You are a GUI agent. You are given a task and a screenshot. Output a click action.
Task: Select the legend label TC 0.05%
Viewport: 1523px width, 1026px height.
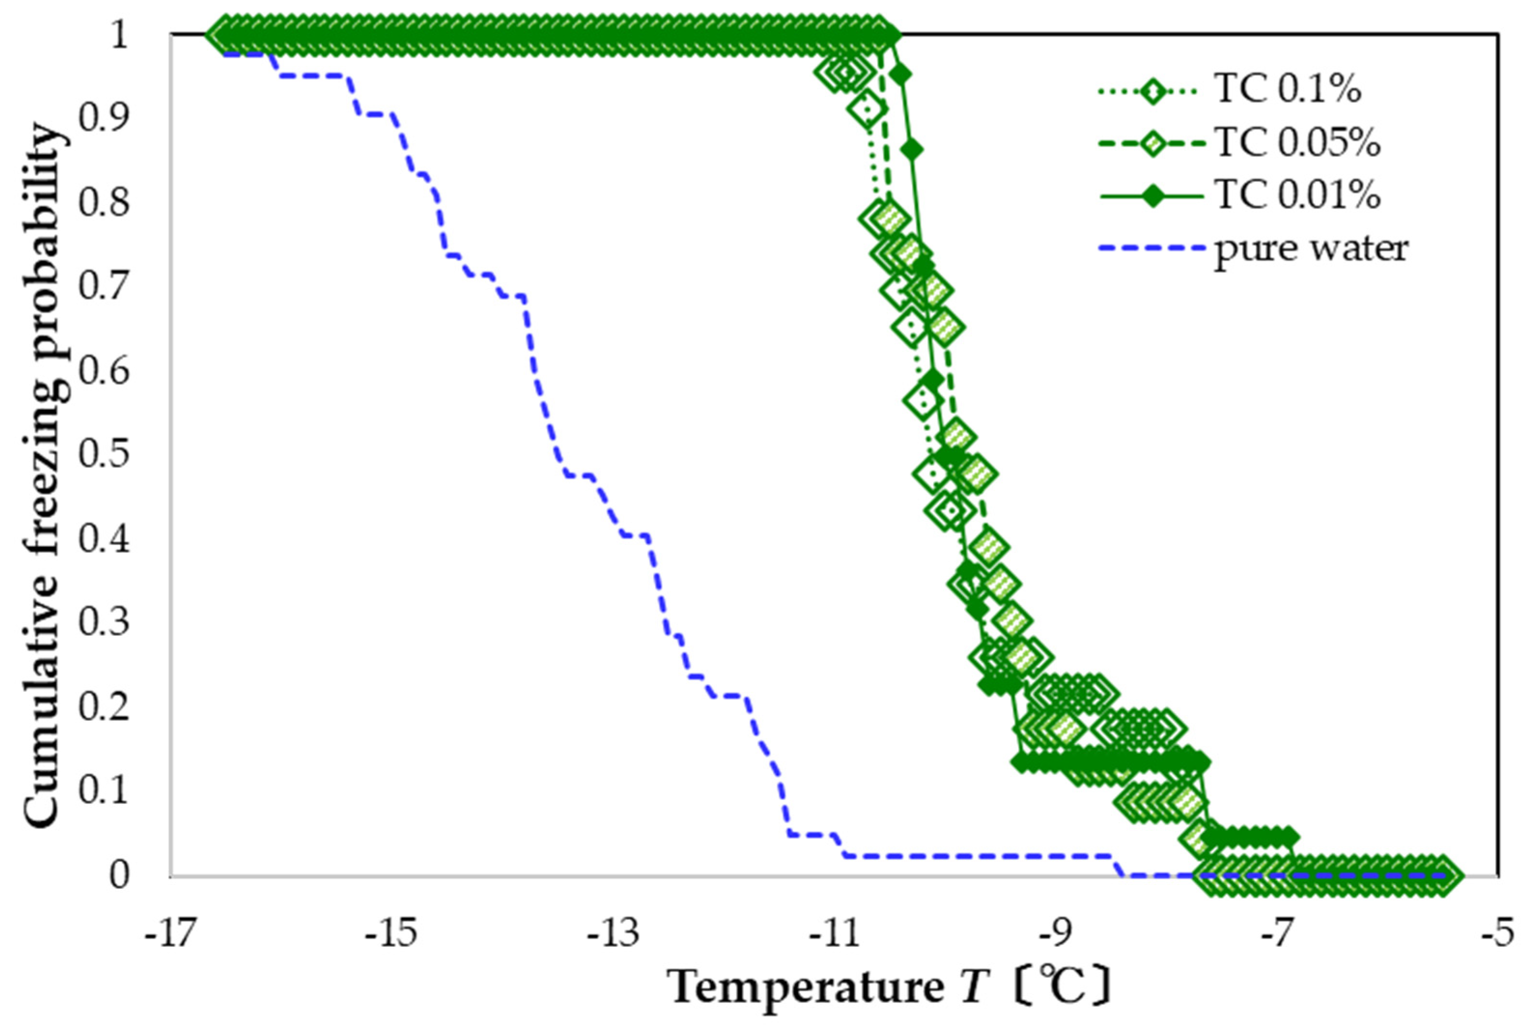(x=1297, y=142)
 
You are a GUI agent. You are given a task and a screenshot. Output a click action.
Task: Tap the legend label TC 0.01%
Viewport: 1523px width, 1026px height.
(x=1297, y=195)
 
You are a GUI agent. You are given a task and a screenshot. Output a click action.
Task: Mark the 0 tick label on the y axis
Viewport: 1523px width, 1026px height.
(x=120, y=875)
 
